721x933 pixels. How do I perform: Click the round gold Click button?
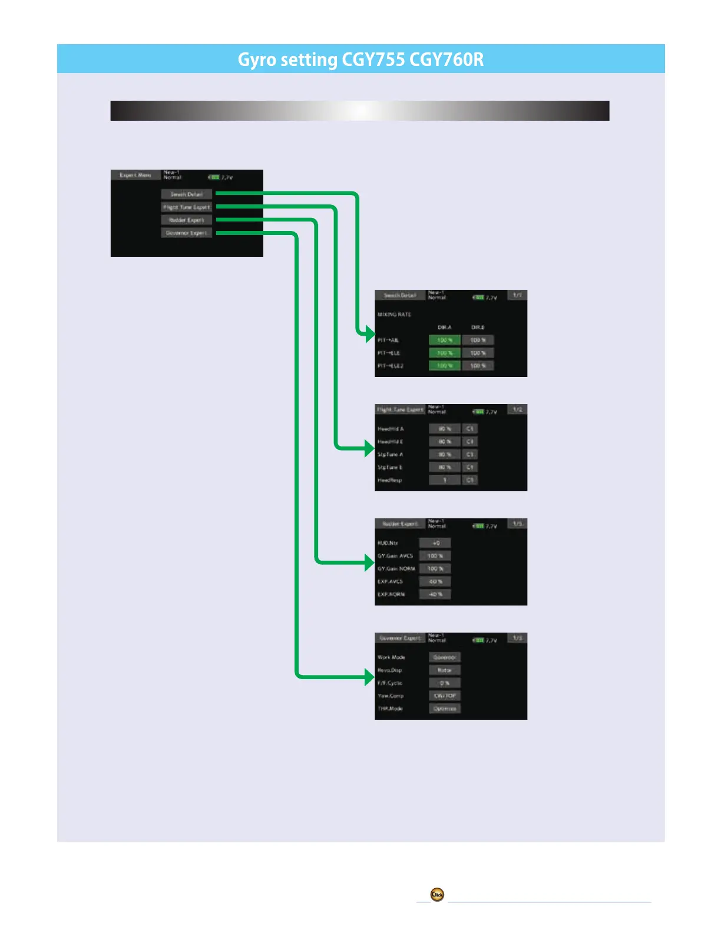click(x=437, y=895)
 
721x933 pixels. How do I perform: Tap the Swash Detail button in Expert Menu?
click(x=187, y=194)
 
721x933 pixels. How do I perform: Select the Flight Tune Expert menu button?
click(x=187, y=207)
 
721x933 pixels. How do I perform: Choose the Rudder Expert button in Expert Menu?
click(x=187, y=220)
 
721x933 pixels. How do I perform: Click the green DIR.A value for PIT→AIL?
click(x=445, y=340)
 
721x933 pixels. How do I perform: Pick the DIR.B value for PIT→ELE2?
click(x=478, y=366)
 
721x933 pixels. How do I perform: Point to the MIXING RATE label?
click(x=394, y=315)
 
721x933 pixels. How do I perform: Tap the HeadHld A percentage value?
click(x=445, y=429)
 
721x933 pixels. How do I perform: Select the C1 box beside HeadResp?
click(x=470, y=480)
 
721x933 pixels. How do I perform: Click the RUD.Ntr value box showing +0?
click(x=435, y=543)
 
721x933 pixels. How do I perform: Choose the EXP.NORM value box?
click(x=435, y=594)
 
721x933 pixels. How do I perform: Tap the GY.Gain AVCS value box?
click(x=435, y=556)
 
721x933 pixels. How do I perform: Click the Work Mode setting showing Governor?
click(x=445, y=657)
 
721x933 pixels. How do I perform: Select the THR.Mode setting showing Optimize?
click(x=445, y=709)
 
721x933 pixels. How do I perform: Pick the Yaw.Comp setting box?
click(x=445, y=696)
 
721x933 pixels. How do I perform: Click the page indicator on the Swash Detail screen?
click(x=517, y=295)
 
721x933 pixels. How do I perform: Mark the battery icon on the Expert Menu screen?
click(x=214, y=177)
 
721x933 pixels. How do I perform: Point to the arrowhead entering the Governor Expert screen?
click(x=370, y=677)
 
